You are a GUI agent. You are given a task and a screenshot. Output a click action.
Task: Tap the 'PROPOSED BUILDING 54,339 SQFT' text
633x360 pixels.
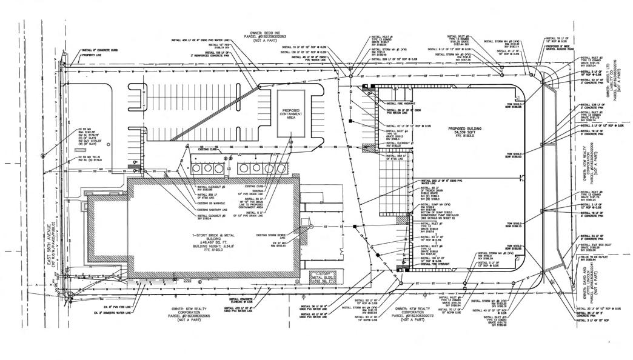click(466, 132)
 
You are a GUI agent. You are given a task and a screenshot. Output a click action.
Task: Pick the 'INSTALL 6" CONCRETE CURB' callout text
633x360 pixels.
click(98, 51)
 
